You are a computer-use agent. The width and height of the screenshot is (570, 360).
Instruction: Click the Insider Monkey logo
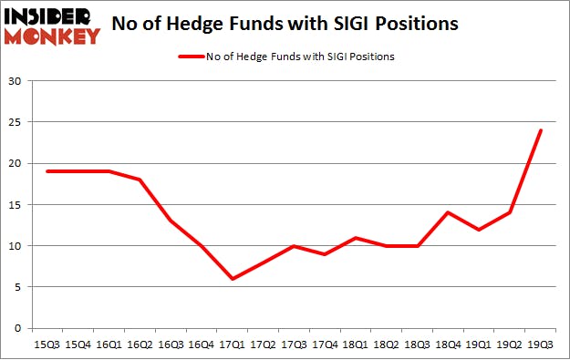52,26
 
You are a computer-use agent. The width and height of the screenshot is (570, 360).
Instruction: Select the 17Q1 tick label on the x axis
233,345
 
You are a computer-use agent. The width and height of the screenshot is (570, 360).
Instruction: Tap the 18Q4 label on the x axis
446,345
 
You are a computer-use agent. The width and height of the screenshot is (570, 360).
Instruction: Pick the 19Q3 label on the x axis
540,345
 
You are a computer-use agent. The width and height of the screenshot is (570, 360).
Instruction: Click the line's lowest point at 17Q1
233,278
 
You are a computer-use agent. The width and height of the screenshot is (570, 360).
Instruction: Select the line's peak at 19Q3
540,130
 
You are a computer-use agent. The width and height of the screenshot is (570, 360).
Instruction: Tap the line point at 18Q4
446,212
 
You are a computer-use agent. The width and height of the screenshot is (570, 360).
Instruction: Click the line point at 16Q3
170,221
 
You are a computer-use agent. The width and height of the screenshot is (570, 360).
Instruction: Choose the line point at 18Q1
355,237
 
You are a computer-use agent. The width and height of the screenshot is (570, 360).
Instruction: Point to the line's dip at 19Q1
478,229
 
